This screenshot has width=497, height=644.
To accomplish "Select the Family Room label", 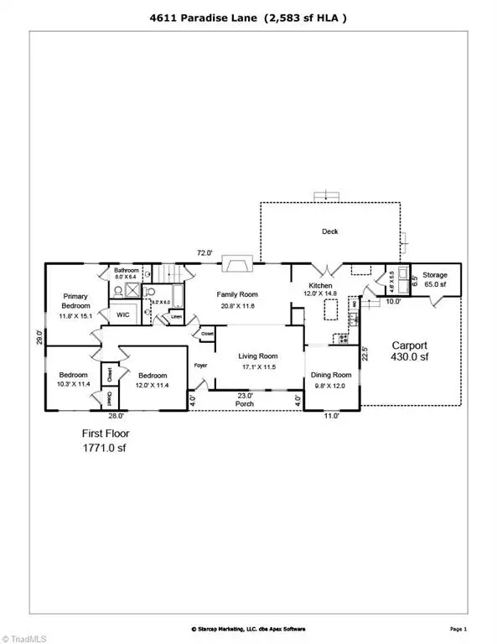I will coord(236,294).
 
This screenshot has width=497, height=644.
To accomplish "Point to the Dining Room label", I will coord(330,375).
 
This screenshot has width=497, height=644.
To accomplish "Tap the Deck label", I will coord(330,231).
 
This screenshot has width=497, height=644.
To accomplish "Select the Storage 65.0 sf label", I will coord(434,279).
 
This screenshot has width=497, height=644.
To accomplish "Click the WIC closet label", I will coord(122,315).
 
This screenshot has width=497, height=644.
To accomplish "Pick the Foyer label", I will coord(201,366).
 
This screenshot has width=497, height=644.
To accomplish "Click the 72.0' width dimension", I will coord(204,252).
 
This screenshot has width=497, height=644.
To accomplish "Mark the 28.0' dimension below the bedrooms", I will coord(116,415).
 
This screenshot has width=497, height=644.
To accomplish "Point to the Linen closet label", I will coord(176,317).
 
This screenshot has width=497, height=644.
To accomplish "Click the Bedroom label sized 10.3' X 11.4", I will coord(73,379).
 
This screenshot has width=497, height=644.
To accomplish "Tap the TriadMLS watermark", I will coord(23,635).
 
